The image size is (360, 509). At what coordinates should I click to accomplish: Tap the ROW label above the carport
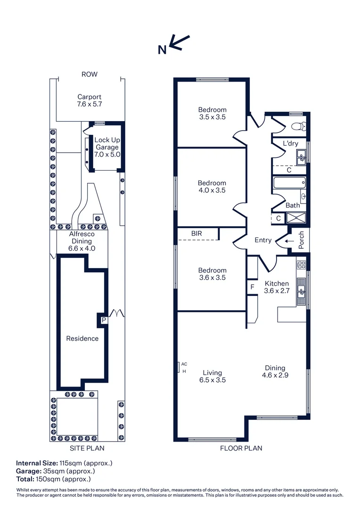90,74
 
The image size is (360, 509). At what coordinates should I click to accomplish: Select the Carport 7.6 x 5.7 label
90,100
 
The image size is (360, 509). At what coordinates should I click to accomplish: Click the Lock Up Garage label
107,147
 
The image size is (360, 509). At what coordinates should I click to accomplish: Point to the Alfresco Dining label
82,241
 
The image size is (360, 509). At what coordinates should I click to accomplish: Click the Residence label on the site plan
82,338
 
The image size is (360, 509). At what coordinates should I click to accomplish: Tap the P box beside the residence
103,320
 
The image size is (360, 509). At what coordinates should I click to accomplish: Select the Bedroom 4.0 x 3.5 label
212,187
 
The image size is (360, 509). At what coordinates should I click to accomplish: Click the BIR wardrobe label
197,233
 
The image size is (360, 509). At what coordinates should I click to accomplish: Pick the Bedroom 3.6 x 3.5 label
212,274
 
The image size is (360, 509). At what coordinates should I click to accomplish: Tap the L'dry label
290,144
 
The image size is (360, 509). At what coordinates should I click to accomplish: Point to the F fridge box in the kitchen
252,287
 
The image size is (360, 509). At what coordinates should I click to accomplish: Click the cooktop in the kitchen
301,264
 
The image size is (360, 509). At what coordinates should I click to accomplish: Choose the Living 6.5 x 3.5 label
212,376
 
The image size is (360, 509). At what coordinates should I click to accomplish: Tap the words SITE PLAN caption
87,448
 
